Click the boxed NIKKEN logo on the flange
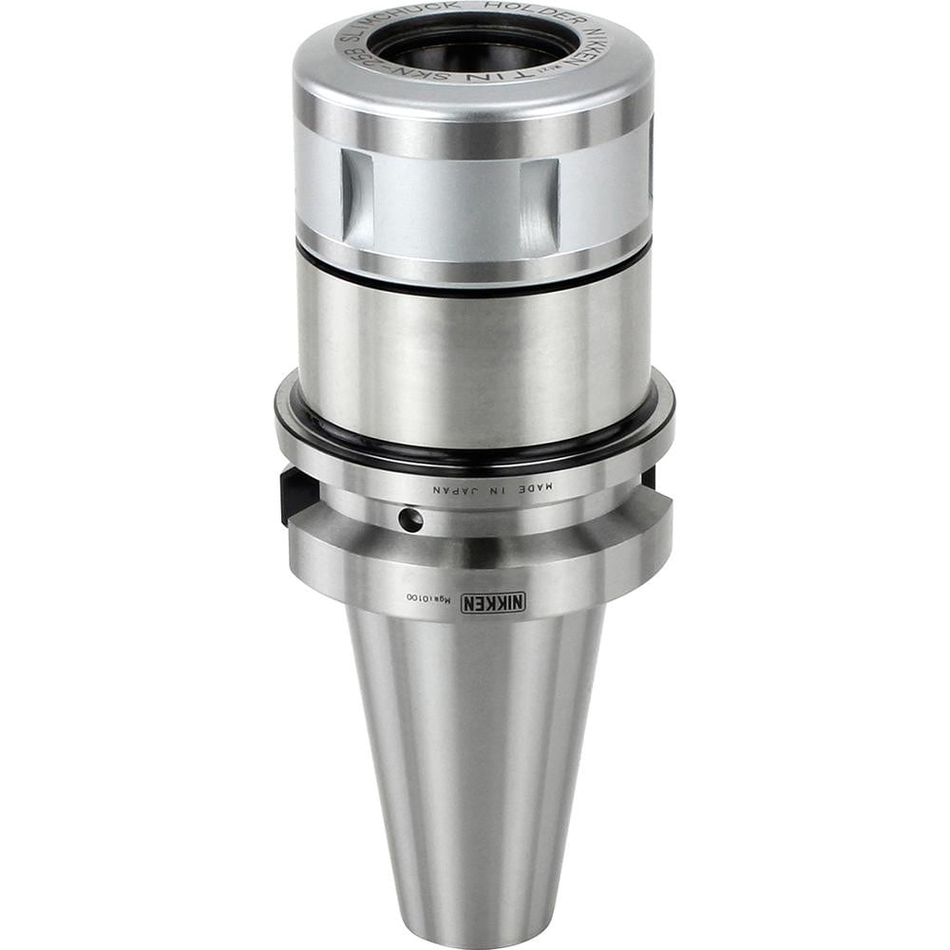pyautogui.click(x=492, y=602)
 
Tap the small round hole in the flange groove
pyautogui.click(x=410, y=520)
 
